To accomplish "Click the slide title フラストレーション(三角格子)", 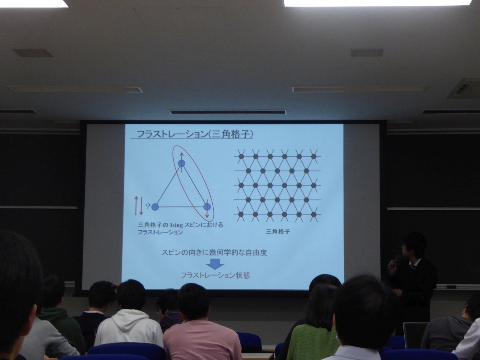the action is pos(195,134).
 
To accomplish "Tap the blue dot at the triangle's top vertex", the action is pos(181,163).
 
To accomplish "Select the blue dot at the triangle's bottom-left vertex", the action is pos(155,207).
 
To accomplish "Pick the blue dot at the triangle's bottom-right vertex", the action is pos(207,207).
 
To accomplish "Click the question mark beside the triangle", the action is pos(148,206).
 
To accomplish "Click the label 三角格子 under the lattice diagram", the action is pos(278,231).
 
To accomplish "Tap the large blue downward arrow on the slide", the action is pos(215,264).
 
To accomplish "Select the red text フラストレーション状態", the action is pos(215,275).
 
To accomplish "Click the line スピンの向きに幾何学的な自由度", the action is pos(214,253).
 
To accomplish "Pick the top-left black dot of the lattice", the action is pos(241,156).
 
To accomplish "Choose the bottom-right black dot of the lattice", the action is pos(313,214).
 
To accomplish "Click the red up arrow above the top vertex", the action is pos(181,159).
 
